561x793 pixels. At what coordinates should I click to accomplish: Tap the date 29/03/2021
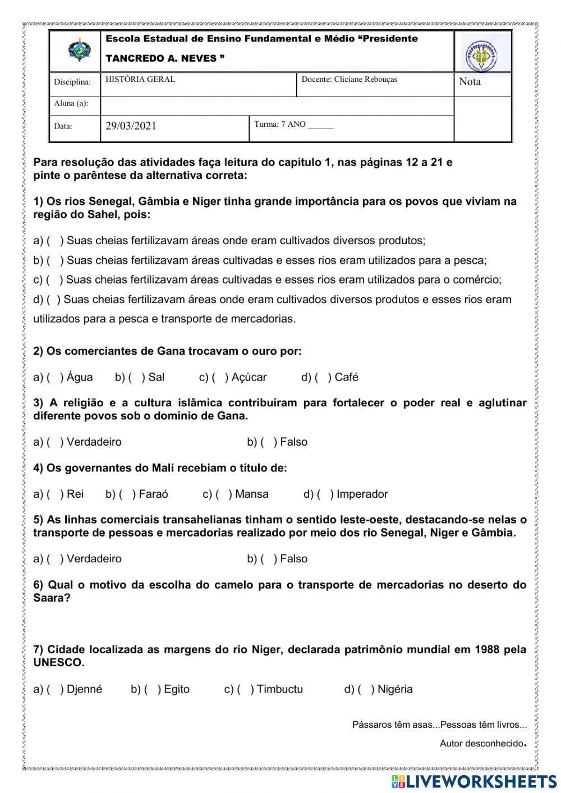(x=131, y=126)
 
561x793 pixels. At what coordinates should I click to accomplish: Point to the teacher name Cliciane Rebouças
(x=365, y=80)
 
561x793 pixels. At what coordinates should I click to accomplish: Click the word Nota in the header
(x=470, y=82)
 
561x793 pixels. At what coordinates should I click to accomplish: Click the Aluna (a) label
(x=71, y=104)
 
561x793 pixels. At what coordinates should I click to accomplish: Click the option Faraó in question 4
(x=153, y=494)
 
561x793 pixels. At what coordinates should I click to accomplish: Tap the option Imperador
(x=362, y=494)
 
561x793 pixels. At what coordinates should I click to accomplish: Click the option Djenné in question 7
(x=84, y=690)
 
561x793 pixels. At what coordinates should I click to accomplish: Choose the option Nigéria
(x=395, y=690)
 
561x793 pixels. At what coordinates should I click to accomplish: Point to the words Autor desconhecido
(x=481, y=744)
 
